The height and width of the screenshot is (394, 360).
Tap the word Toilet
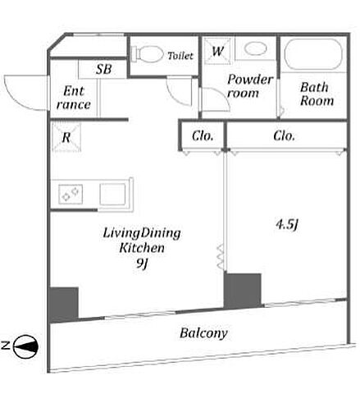(x=180, y=56)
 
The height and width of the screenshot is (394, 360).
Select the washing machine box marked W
(x=217, y=51)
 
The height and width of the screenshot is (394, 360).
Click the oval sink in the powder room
(x=256, y=48)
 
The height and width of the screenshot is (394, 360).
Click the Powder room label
(x=250, y=86)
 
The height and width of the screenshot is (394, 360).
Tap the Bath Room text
(x=317, y=94)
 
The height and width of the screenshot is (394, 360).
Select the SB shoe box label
(x=103, y=69)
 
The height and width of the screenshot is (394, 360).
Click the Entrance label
(x=74, y=98)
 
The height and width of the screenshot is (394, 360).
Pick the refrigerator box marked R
(x=66, y=137)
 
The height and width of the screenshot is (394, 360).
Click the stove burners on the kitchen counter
(x=71, y=194)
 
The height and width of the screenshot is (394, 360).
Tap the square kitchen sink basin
(x=112, y=195)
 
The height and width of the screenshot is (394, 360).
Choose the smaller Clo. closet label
(x=203, y=136)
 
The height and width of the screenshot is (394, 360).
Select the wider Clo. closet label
(x=284, y=135)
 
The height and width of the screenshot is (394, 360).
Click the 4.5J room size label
(x=287, y=225)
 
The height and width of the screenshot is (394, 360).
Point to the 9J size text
(x=142, y=263)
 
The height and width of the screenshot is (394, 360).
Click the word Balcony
(x=203, y=333)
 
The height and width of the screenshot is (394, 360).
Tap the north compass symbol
(x=25, y=346)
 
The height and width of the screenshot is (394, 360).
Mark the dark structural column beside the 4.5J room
(x=243, y=291)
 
